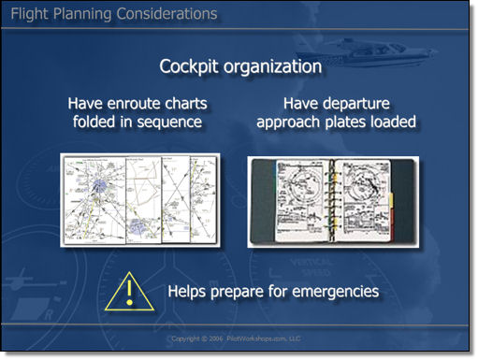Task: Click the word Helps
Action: (188, 292)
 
